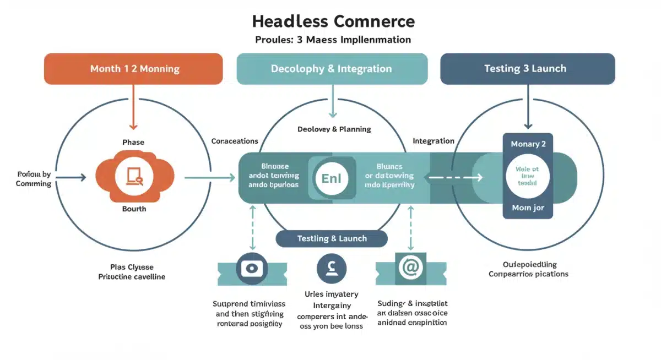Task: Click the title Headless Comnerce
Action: click(x=333, y=21)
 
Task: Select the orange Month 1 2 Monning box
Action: click(x=133, y=69)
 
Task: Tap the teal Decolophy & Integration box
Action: click(x=332, y=69)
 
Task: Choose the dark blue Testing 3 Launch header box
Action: click(x=527, y=69)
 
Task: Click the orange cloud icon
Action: click(x=134, y=177)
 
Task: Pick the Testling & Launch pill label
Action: click(x=332, y=238)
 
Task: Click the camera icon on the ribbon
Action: click(x=252, y=269)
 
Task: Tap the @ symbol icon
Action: click(x=410, y=269)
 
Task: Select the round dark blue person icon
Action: click(x=332, y=269)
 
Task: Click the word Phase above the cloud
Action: click(x=133, y=142)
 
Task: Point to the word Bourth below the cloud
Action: click(x=134, y=209)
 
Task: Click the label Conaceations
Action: click(x=235, y=141)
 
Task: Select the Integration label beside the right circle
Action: click(x=434, y=141)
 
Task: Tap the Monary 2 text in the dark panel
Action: click(x=528, y=144)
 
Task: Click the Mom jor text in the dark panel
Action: click(x=528, y=208)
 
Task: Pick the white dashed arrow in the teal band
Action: click(x=456, y=177)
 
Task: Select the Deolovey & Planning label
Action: click(x=334, y=129)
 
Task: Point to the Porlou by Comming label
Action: click(x=34, y=179)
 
